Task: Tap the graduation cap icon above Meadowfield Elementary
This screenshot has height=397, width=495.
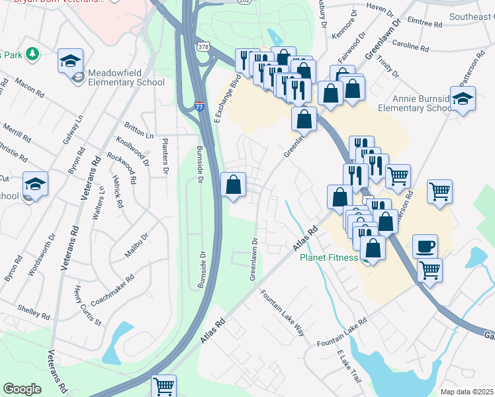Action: [69, 61]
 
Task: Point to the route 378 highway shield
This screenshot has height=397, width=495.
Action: [203, 46]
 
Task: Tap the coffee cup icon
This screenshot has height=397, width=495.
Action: [425, 246]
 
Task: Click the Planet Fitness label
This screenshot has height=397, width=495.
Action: [328, 258]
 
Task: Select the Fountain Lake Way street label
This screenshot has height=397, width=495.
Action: [282, 313]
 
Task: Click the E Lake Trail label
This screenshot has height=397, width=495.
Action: [348, 367]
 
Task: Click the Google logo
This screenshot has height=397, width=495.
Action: [22, 389]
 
